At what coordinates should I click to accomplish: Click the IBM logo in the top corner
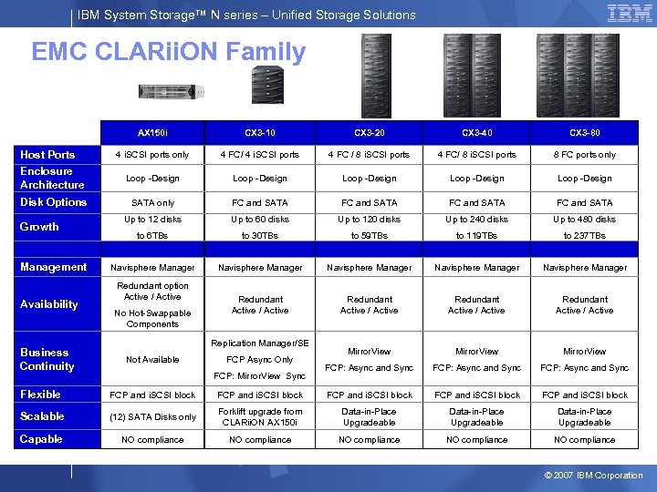(x=629, y=13)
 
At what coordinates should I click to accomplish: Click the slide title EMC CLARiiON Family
(x=168, y=52)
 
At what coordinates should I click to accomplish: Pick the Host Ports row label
(x=47, y=155)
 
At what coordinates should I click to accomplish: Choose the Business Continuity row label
(x=47, y=359)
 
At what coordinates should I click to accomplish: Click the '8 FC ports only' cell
(x=585, y=155)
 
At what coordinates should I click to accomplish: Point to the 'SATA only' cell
(x=152, y=202)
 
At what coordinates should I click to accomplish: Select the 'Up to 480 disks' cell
(x=585, y=220)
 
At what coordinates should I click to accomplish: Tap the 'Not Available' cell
(x=152, y=360)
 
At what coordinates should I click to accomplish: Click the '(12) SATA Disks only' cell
(x=152, y=417)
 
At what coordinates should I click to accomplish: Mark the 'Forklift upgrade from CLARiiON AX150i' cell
(x=260, y=417)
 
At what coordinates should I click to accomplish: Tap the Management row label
(x=53, y=267)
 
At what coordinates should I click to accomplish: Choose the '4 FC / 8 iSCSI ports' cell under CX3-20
(x=369, y=155)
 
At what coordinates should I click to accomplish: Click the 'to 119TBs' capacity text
(x=477, y=236)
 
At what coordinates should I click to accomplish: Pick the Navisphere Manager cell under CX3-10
(x=260, y=268)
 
